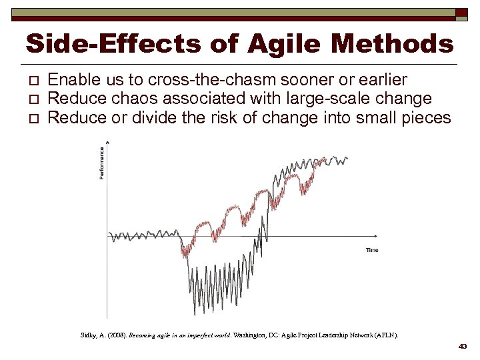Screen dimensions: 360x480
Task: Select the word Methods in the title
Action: [396, 44]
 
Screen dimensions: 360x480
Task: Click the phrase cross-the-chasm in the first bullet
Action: [200, 80]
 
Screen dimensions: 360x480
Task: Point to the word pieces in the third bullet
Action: [427, 119]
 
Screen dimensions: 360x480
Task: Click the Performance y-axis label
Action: [102, 163]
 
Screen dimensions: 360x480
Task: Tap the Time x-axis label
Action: [371, 250]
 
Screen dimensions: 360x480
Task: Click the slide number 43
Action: [463, 347]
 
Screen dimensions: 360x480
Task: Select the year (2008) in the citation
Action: [115, 335]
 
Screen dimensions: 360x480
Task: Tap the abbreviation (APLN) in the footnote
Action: [387, 335]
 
